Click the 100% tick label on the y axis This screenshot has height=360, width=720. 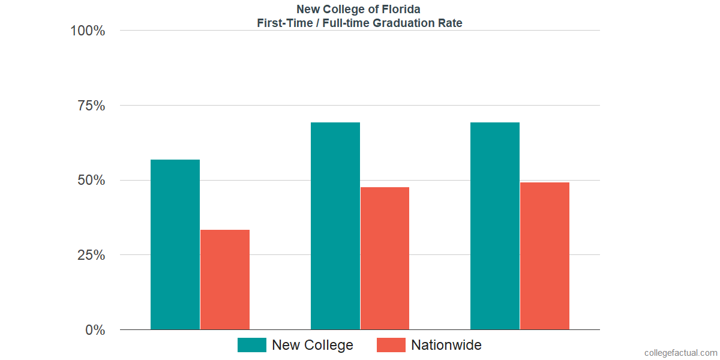click(x=88, y=31)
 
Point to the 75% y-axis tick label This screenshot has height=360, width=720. click(x=91, y=106)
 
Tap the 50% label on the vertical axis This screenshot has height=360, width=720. click(x=91, y=181)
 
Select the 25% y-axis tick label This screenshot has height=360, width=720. click(x=91, y=255)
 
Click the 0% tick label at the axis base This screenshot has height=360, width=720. click(x=95, y=330)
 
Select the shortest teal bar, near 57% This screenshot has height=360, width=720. click(x=175, y=244)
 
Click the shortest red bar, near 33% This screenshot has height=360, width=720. click(x=225, y=280)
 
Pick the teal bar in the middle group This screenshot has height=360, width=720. click(x=335, y=226)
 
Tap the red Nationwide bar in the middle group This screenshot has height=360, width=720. click(x=385, y=258)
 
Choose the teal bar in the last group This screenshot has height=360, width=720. click(x=495, y=226)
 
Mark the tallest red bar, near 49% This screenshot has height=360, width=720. click(x=545, y=256)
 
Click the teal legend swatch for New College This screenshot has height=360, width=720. click(x=252, y=345)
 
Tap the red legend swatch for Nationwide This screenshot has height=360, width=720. click(x=391, y=345)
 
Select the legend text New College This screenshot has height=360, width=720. click(x=312, y=345)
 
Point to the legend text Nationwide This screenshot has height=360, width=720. click(x=446, y=345)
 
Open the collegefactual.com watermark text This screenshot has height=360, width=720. click(x=680, y=353)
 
